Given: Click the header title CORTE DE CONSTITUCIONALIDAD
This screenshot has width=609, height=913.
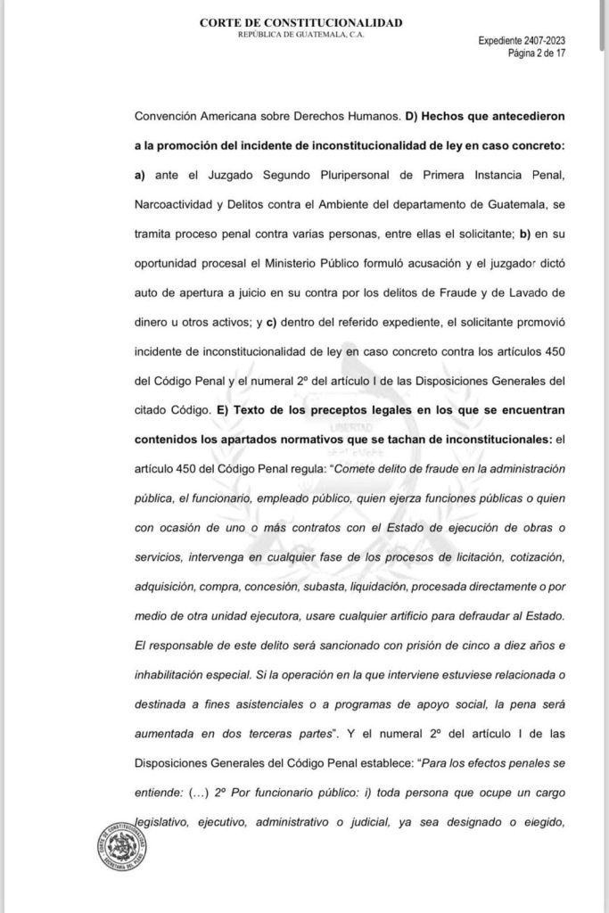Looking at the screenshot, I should [300, 22].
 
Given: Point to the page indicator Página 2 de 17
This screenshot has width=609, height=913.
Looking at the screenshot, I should [537, 53].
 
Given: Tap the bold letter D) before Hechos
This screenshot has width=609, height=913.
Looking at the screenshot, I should [412, 116].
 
